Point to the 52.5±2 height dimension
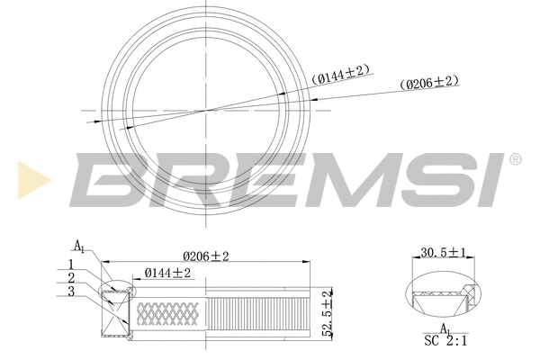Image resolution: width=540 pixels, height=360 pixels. coord(327,310)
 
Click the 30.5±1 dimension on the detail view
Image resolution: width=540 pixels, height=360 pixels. coord(444,255)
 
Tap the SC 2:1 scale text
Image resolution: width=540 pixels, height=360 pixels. coord(445,342)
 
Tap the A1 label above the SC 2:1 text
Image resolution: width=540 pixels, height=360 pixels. coord(445,329)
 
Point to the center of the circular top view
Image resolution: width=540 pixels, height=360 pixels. coord(207,110)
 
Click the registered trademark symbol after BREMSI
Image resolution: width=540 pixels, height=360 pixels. coord(515,160)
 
